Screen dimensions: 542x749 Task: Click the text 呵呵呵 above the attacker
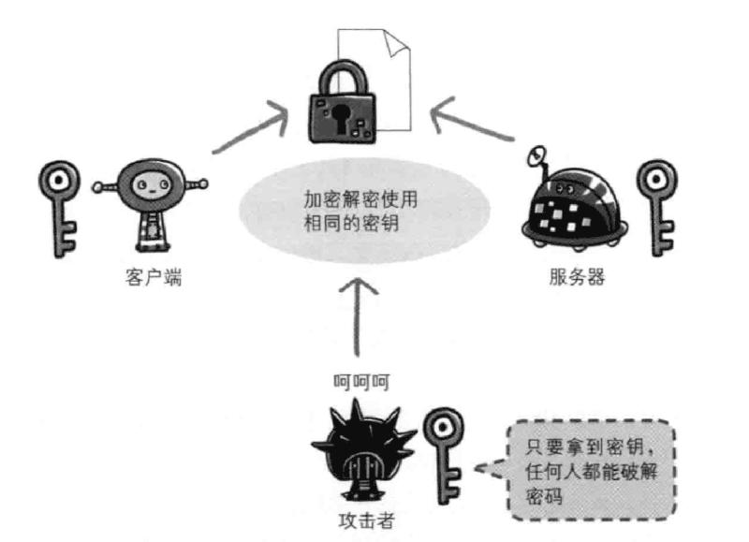pos(360,382)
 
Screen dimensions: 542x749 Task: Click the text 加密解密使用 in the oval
pos(360,199)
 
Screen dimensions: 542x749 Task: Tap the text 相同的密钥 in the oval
pos(348,223)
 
